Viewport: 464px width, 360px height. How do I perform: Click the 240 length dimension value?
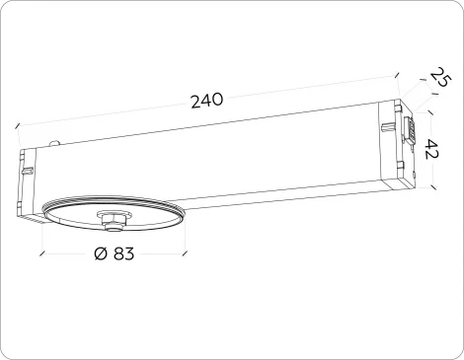click(206, 100)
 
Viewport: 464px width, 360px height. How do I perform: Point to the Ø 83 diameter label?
click(114, 253)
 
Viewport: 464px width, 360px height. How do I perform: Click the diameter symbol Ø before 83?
click(100, 253)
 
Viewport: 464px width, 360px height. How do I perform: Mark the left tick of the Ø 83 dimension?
click(41, 253)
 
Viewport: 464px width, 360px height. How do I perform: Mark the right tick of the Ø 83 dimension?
click(186, 253)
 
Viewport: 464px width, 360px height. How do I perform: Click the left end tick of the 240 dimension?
click(17, 125)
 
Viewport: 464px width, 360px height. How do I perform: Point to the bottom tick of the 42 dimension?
click(431, 186)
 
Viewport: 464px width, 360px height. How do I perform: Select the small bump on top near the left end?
click(53, 144)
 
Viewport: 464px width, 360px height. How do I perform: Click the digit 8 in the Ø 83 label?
click(117, 253)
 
